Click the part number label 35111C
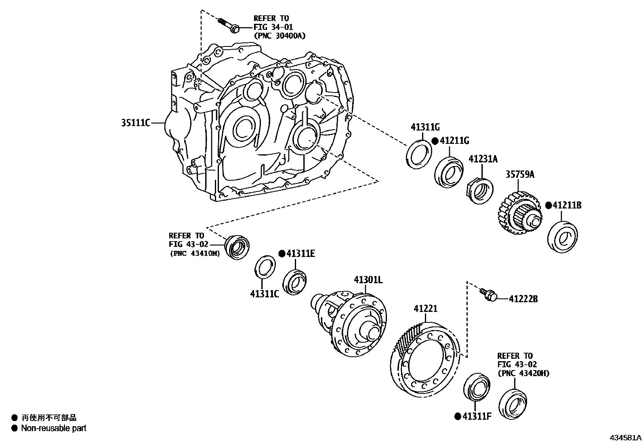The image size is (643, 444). tap(135, 122)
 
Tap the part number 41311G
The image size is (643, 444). tap(425, 127)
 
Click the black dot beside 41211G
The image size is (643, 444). tap(435, 141)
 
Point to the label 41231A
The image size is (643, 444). tap(483, 159)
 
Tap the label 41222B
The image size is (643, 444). tap(523, 299)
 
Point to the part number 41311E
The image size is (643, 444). tap(300, 254)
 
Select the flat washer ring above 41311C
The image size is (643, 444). tap(265, 267)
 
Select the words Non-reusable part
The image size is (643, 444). tap(54, 428)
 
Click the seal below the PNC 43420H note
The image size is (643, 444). tap(513, 404)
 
